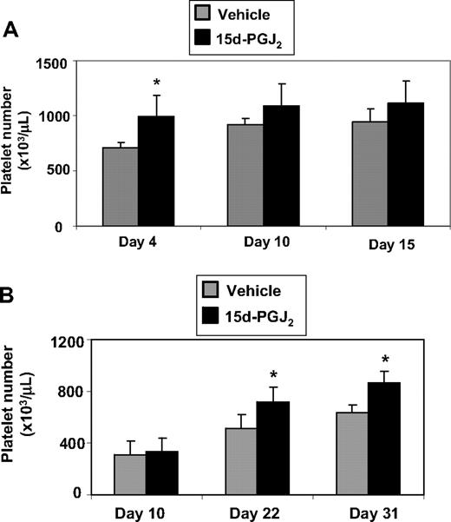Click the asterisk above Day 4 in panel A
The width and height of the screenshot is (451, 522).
[157, 83]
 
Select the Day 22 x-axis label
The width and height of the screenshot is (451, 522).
[253, 511]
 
